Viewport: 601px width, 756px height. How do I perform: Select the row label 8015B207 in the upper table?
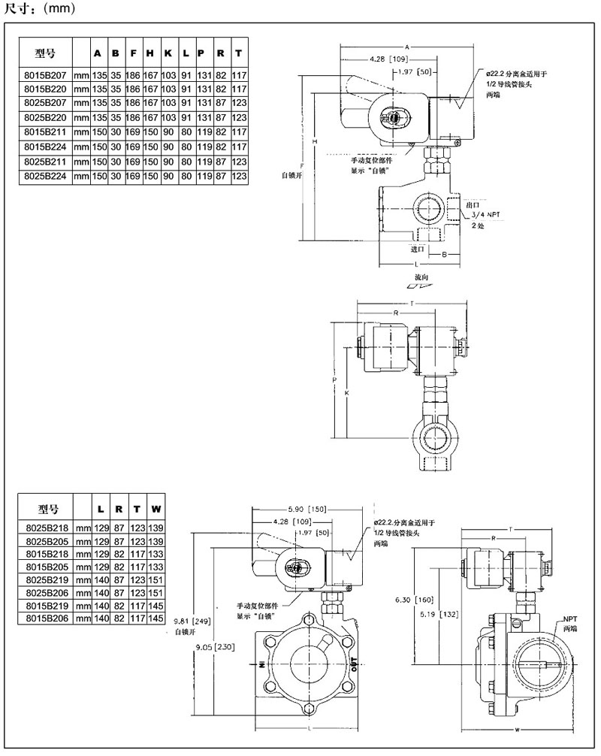pos(45,75)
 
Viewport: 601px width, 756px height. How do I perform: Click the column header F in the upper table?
pos(133,53)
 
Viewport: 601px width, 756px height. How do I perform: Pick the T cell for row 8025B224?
pos(239,175)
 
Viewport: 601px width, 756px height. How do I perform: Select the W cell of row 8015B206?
pos(156,618)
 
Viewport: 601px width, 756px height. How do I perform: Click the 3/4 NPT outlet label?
pos(475,214)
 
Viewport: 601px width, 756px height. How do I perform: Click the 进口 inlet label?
pos(418,248)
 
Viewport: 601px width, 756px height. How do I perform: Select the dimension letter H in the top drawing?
pos(315,141)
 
